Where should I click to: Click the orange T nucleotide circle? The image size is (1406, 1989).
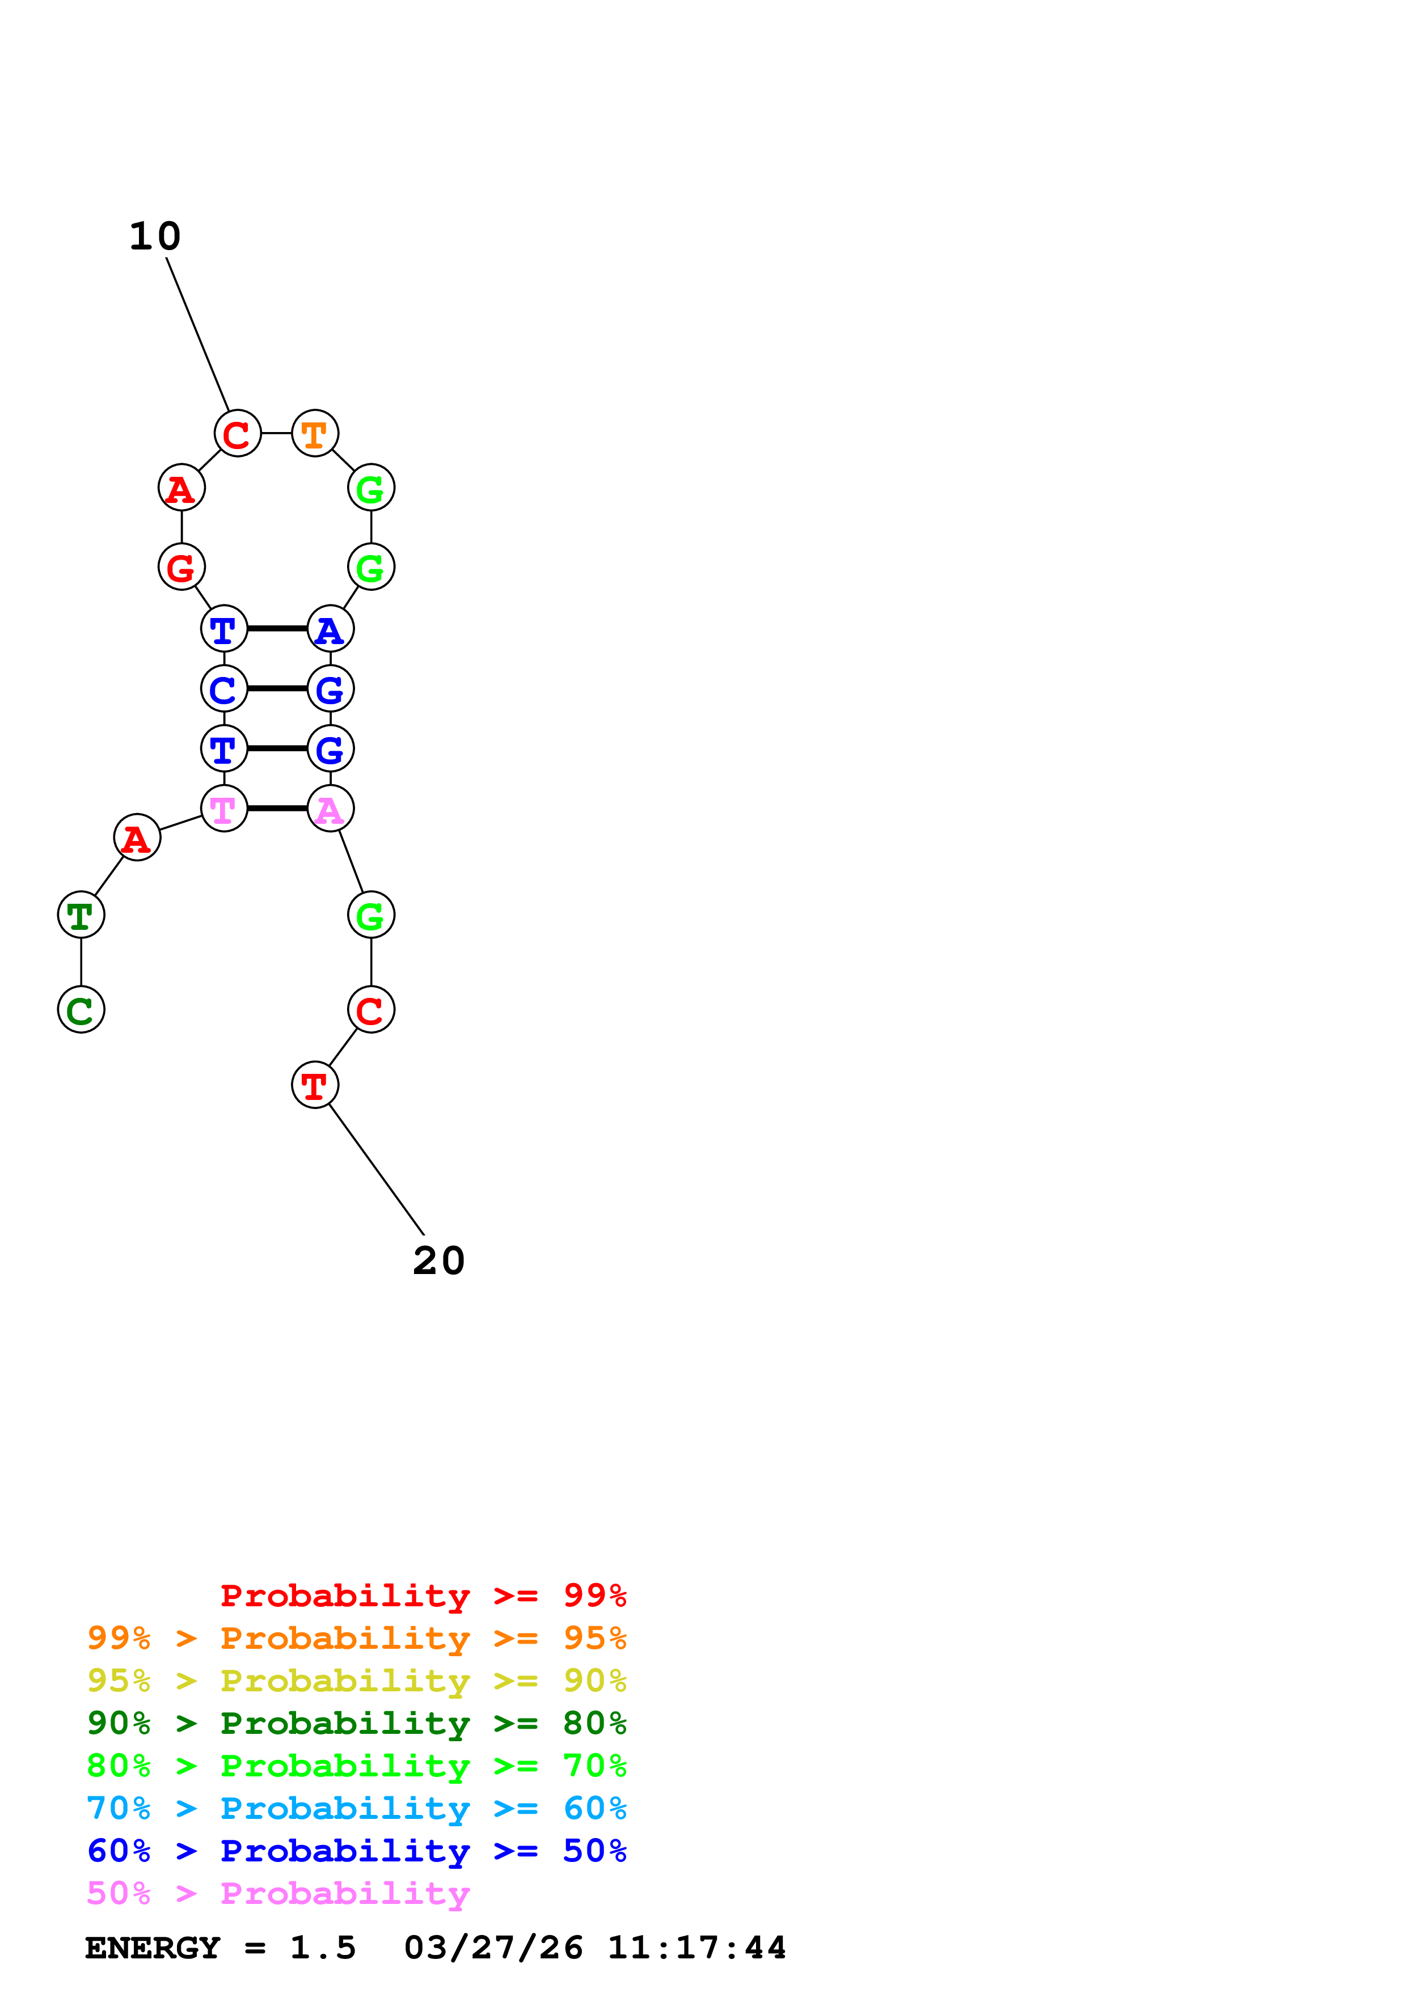[x=314, y=433]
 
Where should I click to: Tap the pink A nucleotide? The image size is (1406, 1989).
[x=330, y=809]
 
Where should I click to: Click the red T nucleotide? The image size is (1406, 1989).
[x=314, y=1085]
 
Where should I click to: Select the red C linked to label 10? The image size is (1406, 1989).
[x=238, y=433]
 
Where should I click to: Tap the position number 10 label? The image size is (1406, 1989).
[x=155, y=236]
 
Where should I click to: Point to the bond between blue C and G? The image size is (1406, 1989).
[x=277, y=689]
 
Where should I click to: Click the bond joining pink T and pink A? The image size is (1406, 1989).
[x=277, y=809]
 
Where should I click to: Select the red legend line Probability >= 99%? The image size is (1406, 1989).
[x=423, y=1596]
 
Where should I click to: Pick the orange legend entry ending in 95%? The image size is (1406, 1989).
[x=356, y=1638]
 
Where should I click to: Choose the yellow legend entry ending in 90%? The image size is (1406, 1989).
[x=356, y=1681]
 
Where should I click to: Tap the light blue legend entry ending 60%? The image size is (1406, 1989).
[x=356, y=1808]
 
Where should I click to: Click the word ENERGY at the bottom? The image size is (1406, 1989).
[x=153, y=1948]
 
